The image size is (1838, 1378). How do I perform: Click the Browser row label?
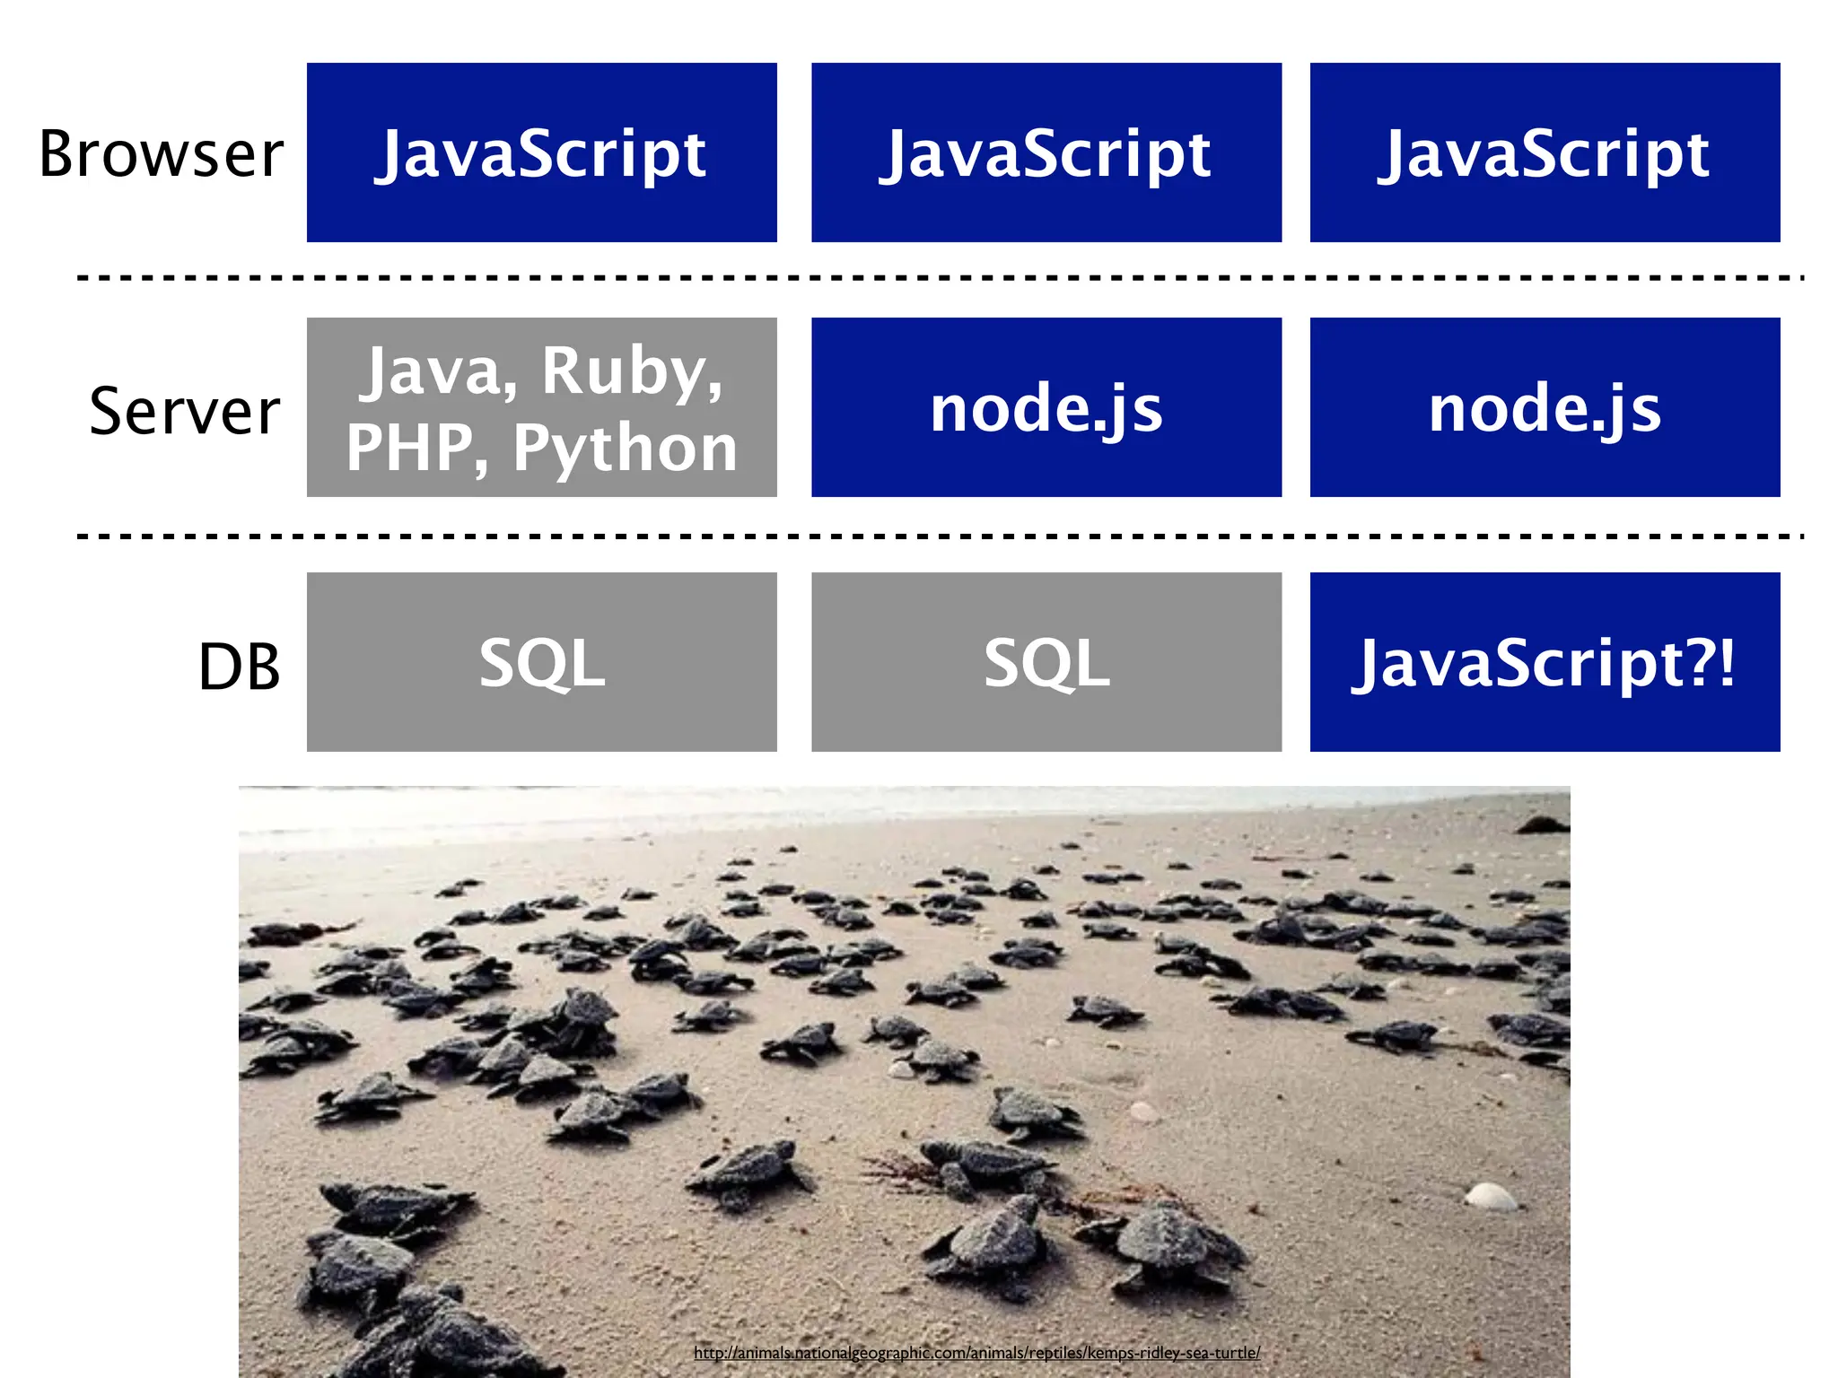coord(162,154)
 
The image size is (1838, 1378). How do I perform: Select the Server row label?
coord(185,411)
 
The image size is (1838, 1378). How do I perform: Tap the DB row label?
coord(239,667)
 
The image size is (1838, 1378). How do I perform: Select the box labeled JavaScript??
coord(1545,662)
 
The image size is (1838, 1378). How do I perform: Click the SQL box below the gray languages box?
coord(542,662)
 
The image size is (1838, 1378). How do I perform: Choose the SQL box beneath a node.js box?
coord(1046,662)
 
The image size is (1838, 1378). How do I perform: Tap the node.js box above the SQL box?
coord(1046,407)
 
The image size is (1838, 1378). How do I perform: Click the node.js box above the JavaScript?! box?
coord(1545,407)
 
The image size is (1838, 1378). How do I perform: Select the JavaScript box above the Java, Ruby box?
coord(542,153)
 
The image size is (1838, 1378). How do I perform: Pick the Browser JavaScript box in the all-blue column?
coord(1545,153)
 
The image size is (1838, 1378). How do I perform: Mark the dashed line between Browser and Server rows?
coord(940,279)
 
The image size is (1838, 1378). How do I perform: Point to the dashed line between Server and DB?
coord(940,536)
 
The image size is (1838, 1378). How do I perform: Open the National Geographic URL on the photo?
coord(976,1352)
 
